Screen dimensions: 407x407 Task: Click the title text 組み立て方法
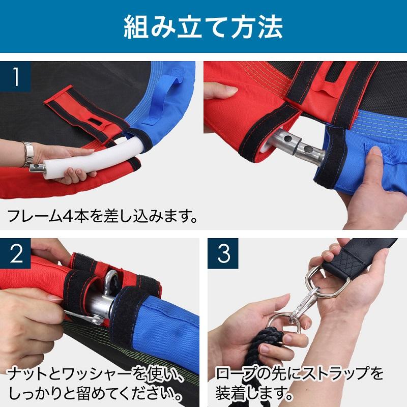coord(203,27)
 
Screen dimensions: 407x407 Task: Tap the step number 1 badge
coord(15,77)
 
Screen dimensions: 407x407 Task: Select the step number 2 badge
coord(15,253)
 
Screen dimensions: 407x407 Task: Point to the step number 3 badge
coord(223,253)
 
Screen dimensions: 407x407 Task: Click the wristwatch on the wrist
coord(27,155)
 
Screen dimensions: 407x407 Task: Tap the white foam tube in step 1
coord(94,159)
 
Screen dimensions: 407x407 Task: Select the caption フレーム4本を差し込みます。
coord(102,216)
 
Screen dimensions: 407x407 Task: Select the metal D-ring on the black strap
coord(327,283)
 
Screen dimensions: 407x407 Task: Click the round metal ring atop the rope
coord(283,322)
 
